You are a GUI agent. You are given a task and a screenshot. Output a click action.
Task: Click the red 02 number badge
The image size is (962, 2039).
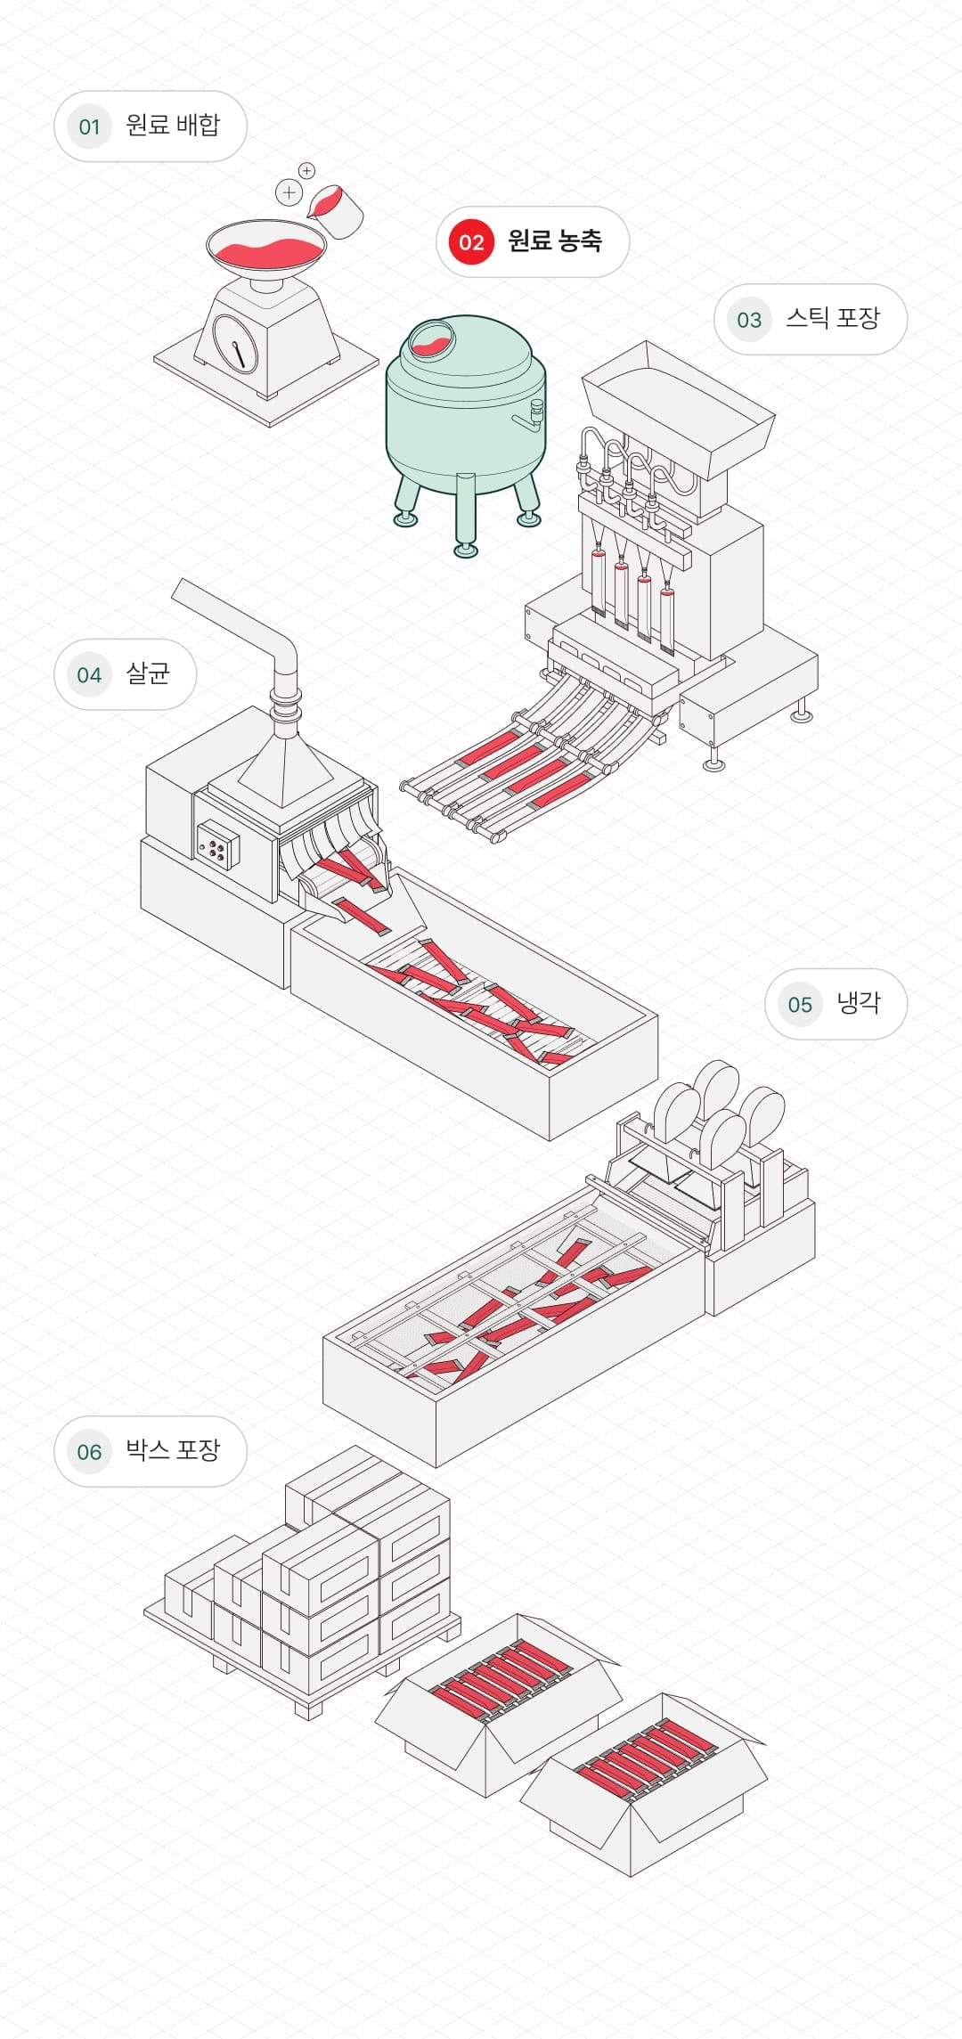click(x=471, y=242)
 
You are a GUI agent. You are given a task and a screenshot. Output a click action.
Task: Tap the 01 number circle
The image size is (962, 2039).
click(x=89, y=126)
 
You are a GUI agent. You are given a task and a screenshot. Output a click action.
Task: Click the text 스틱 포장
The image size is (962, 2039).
click(x=832, y=318)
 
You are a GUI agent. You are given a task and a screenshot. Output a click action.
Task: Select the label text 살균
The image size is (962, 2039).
click(x=148, y=673)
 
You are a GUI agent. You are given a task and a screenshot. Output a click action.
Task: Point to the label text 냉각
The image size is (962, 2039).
click(x=858, y=1003)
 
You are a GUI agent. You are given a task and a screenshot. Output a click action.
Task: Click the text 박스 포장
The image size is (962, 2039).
click(x=172, y=1450)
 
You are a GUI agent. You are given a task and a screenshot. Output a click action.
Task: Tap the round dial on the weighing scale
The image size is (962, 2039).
click(x=235, y=342)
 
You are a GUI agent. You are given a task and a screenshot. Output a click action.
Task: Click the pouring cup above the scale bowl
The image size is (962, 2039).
click(x=337, y=211)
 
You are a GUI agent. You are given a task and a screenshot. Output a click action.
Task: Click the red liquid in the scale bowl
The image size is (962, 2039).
click(x=265, y=252)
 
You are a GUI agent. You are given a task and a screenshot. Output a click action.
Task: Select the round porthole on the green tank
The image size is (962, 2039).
click(x=431, y=338)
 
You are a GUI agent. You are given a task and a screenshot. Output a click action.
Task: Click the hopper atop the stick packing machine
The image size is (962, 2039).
click(x=677, y=405)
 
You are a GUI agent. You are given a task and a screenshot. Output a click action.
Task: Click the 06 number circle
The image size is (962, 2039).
click(x=89, y=1452)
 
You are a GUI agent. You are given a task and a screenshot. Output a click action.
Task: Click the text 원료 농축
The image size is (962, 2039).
click(x=554, y=241)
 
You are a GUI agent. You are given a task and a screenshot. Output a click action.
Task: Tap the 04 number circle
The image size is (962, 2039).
click(x=89, y=675)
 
